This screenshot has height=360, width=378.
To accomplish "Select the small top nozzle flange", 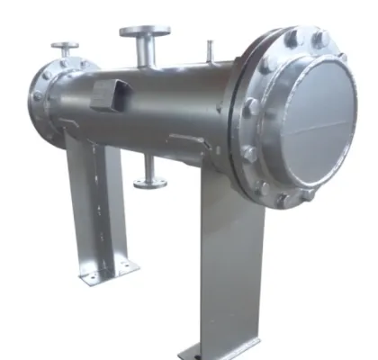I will click(x=65, y=45).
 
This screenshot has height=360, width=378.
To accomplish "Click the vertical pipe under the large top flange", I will click(x=144, y=52).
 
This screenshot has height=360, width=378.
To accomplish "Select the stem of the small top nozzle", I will click(x=65, y=56).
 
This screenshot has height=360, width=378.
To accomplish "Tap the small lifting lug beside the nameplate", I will click(x=184, y=139).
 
